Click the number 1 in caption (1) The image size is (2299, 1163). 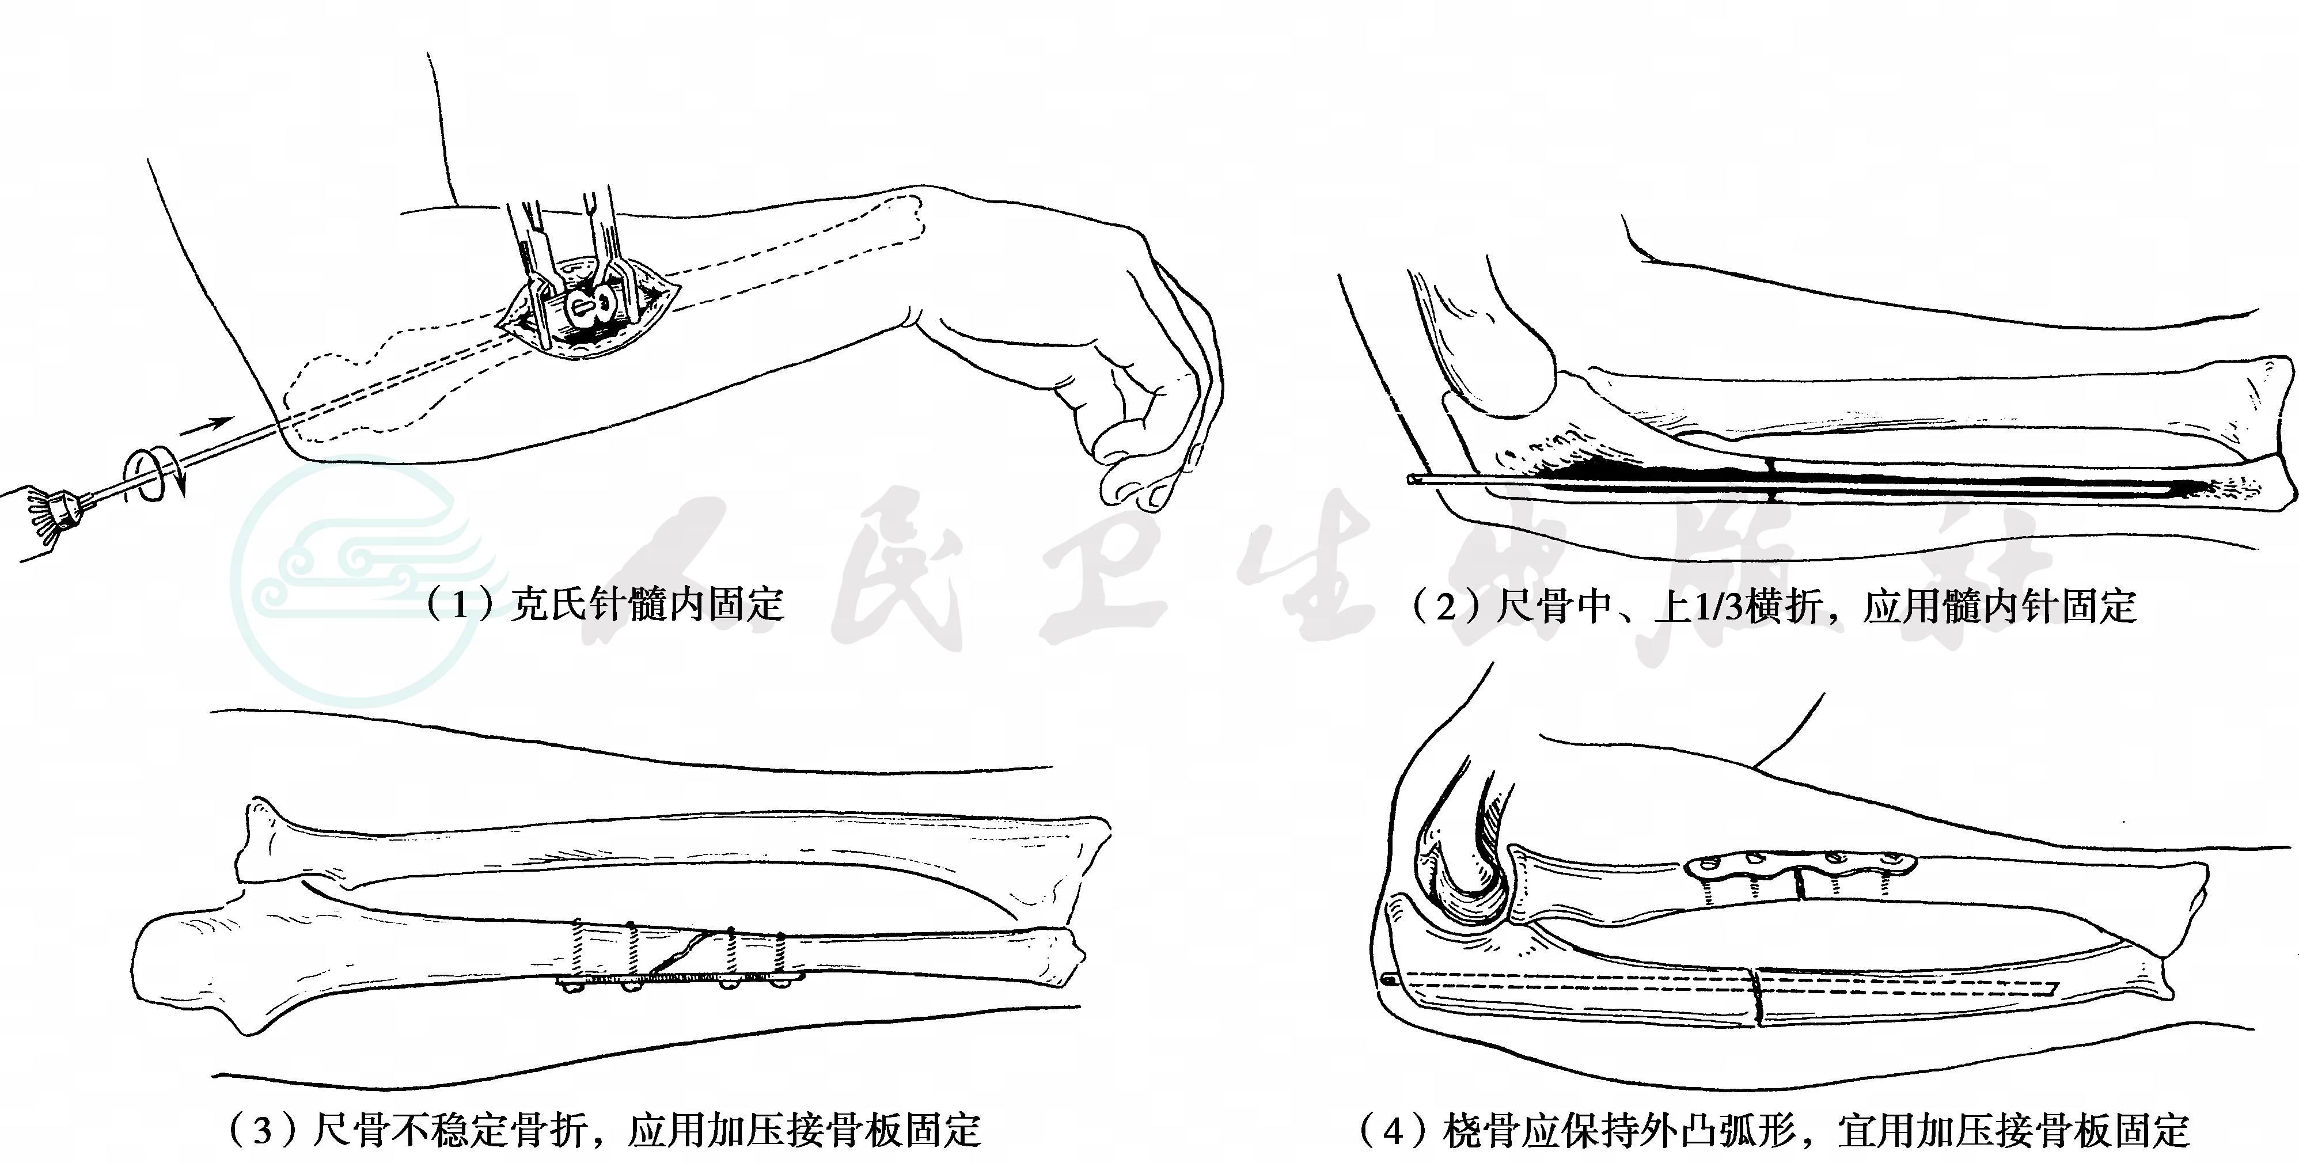pos(460,605)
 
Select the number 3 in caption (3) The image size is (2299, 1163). pos(261,1131)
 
